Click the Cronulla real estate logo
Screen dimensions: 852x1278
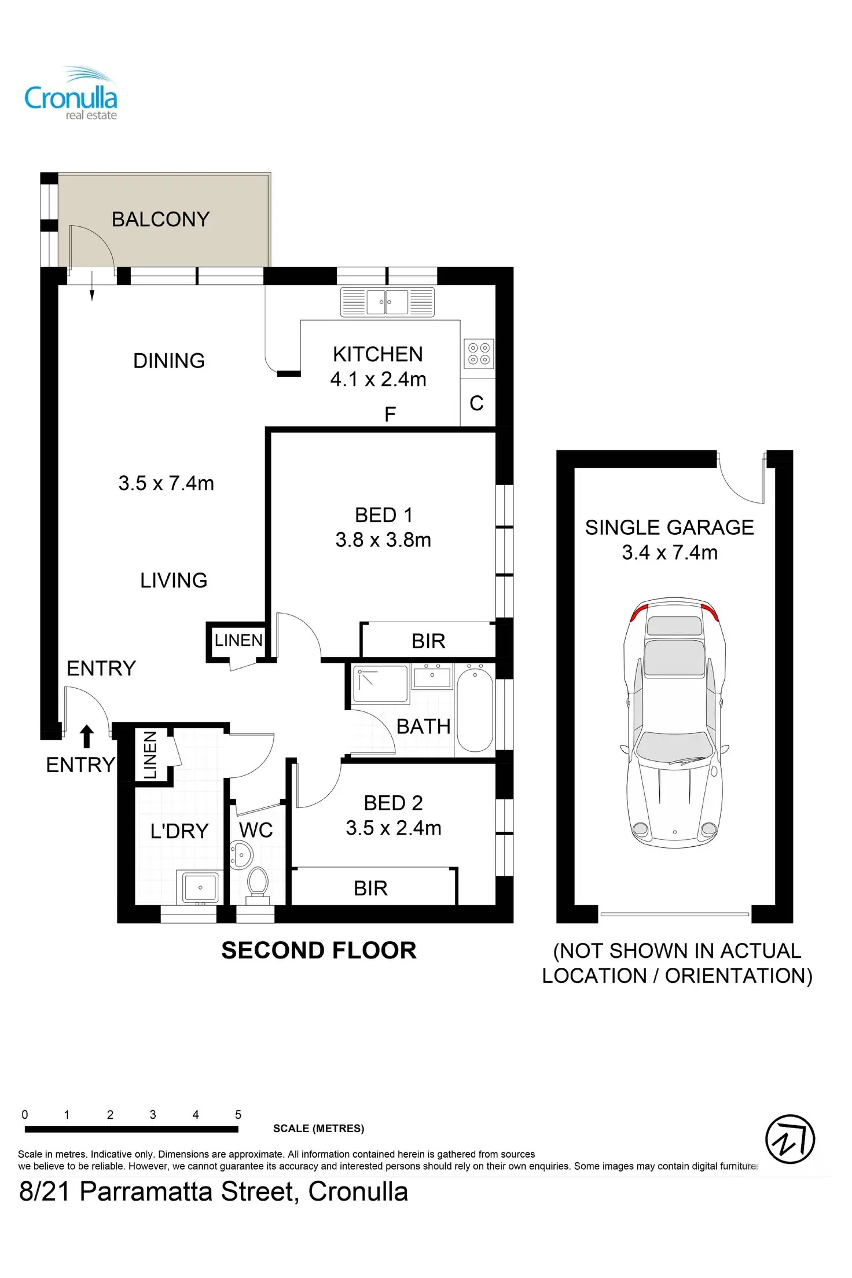pyautogui.click(x=71, y=94)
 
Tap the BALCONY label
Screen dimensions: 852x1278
pyautogui.click(x=160, y=219)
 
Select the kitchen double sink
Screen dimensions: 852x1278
pyautogui.click(x=387, y=302)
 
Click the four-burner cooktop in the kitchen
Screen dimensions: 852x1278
pyautogui.click(x=479, y=354)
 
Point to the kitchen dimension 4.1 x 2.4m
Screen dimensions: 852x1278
pyautogui.click(x=379, y=379)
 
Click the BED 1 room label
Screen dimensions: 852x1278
pyautogui.click(x=384, y=515)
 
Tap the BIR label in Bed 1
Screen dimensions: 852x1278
pyautogui.click(x=428, y=641)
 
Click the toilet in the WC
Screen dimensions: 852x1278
pyautogui.click(x=258, y=885)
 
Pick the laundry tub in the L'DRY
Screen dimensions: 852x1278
pyautogui.click(x=200, y=887)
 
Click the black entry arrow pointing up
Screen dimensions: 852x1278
pyautogui.click(x=87, y=736)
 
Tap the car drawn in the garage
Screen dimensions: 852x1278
pyautogui.click(x=674, y=723)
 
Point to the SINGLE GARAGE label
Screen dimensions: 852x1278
pyautogui.click(x=670, y=527)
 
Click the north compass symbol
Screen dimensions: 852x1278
pyautogui.click(x=790, y=1139)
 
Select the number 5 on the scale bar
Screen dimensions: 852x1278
pyautogui.click(x=238, y=1114)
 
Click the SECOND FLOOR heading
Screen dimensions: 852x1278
pyautogui.click(x=319, y=950)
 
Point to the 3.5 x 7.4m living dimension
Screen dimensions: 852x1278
pyautogui.click(x=166, y=483)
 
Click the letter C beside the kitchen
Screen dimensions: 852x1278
pyautogui.click(x=476, y=403)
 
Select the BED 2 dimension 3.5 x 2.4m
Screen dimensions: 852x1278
pyautogui.click(x=394, y=828)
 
